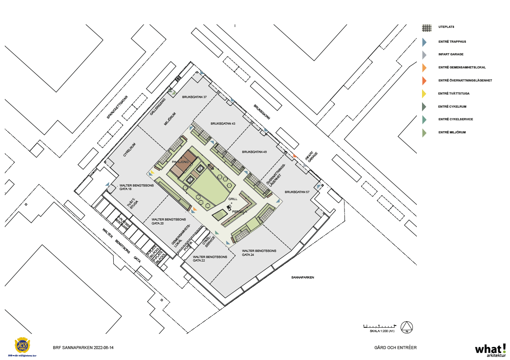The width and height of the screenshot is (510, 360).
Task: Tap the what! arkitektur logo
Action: (490, 350)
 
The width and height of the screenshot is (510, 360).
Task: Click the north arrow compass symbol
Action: (407, 327)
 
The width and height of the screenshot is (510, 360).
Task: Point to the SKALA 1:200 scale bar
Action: (379, 326)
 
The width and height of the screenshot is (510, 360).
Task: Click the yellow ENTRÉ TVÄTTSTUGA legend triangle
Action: (424, 93)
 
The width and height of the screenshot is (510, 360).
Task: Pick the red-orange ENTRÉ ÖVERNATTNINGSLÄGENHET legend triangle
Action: (424, 80)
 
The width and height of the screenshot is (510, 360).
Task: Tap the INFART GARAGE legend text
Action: (451, 54)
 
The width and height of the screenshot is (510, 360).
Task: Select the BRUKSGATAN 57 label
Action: (297, 192)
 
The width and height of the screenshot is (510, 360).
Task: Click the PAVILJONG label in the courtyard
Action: (180, 162)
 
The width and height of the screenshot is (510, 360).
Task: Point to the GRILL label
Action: (233, 199)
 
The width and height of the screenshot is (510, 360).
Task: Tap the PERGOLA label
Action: (240, 211)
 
